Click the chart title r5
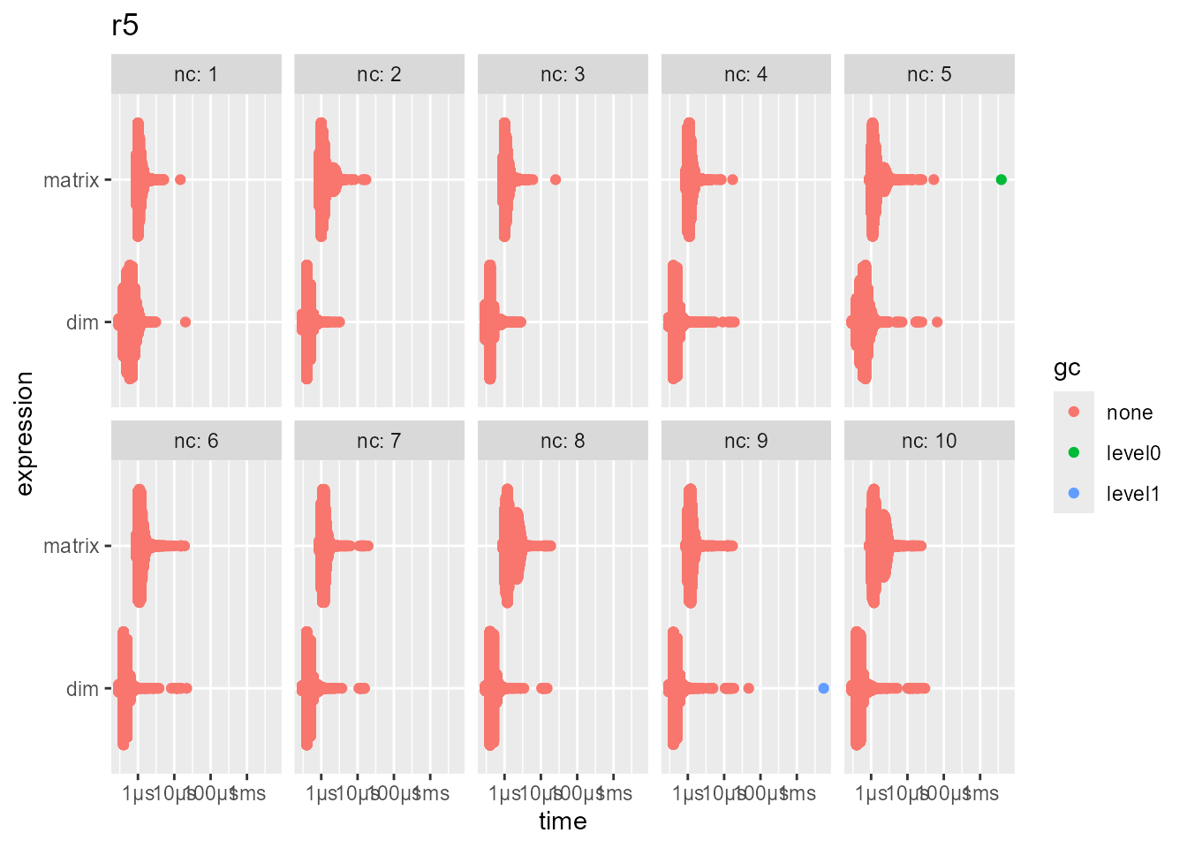coord(125,26)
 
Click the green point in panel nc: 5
coord(1001,180)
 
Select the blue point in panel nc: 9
coord(823,688)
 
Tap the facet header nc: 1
coord(196,74)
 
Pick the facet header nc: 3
coord(563,74)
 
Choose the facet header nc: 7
coord(379,441)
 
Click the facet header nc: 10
coord(929,441)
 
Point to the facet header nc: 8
coord(563,441)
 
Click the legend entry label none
coord(1129,413)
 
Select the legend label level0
coord(1132,453)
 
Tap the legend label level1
coord(1132,494)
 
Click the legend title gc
coord(1067,368)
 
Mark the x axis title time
coord(563,821)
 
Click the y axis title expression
coord(24,434)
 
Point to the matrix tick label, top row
coord(71,180)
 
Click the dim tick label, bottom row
coord(82,689)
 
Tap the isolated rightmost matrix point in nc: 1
coord(180,180)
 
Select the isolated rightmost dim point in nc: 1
coord(185,322)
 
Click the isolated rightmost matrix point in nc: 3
coord(556,180)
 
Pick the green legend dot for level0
coord(1074,452)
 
